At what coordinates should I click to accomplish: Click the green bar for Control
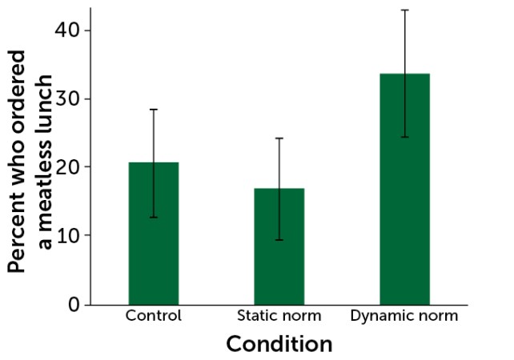pyautogui.click(x=154, y=240)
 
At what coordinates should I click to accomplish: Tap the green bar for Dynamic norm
pyautogui.click(x=404, y=200)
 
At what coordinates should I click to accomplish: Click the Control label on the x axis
pyautogui.click(x=154, y=316)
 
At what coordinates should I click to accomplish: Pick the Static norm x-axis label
pyautogui.click(x=279, y=316)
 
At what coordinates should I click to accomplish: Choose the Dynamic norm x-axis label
pyautogui.click(x=404, y=316)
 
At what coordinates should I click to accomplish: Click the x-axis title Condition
pyautogui.click(x=279, y=345)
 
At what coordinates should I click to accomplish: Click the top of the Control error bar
pyautogui.click(x=154, y=109)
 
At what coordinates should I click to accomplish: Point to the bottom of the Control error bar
pyautogui.click(x=154, y=218)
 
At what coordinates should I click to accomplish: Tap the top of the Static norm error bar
pyautogui.click(x=279, y=138)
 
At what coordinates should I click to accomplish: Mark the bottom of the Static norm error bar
pyautogui.click(x=279, y=240)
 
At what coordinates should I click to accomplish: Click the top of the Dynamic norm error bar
pyautogui.click(x=404, y=10)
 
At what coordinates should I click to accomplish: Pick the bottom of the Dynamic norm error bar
pyautogui.click(x=404, y=138)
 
